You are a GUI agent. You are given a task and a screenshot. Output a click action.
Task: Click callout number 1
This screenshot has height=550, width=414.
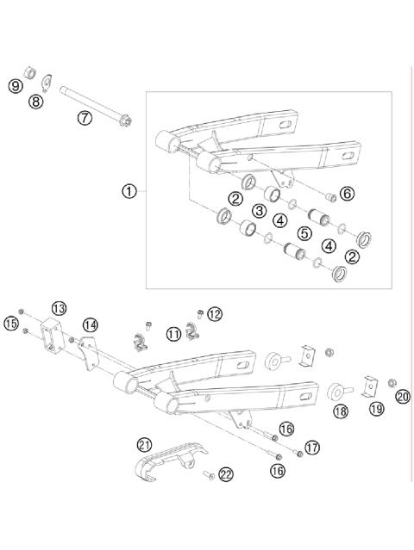(129, 191)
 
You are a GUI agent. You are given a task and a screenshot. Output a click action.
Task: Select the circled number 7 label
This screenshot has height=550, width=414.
(85, 118)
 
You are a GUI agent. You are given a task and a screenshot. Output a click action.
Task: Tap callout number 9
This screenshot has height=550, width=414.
(15, 85)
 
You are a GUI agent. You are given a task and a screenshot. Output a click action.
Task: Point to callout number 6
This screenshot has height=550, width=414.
(346, 195)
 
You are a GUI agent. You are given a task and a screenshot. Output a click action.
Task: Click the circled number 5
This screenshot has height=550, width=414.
(304, 232)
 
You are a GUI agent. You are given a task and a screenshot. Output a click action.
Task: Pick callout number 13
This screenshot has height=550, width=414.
(59, 307)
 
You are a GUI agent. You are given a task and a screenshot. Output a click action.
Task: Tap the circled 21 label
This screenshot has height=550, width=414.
(144, 444)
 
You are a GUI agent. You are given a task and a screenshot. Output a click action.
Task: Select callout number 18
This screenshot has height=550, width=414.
(341, 411)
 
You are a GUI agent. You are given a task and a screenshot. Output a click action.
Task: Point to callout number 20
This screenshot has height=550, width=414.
(402, 396)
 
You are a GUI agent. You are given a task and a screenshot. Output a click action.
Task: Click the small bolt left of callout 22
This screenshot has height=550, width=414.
(208, 474)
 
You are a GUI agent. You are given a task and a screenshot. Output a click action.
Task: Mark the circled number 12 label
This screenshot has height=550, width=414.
(215, 314)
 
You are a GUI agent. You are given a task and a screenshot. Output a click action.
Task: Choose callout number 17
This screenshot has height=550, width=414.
(311, 448)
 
